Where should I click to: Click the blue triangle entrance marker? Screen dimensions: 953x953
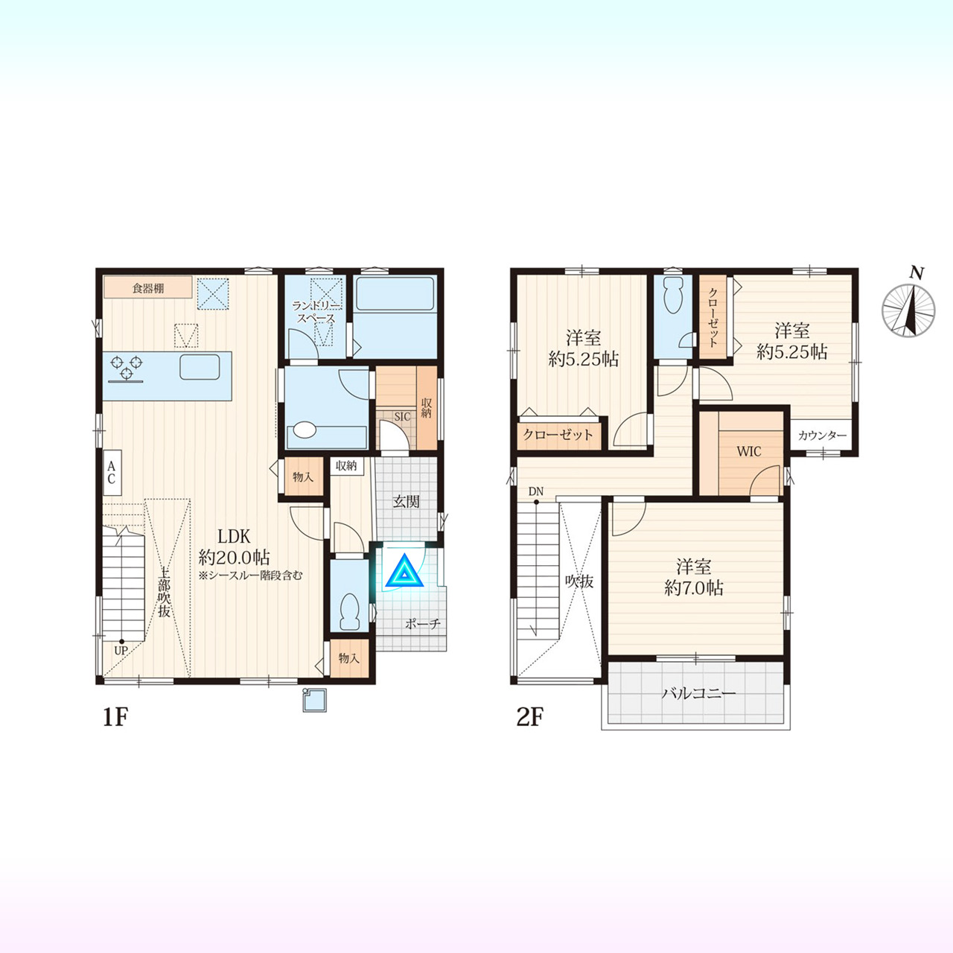coord(405,571)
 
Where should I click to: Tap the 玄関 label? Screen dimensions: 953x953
coord(406,502)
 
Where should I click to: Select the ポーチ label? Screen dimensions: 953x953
coord(422,624)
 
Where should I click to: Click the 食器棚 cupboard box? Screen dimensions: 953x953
coord(148,287)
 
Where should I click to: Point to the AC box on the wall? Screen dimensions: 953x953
coord(112,472)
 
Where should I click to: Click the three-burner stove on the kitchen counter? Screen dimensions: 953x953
coord(127,369)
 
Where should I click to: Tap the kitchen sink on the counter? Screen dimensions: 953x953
coord(200,366)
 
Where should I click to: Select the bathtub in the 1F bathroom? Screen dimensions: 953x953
coord(395,294)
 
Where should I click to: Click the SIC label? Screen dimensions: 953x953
coord(402,416)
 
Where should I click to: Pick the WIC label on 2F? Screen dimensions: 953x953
coord(748,451)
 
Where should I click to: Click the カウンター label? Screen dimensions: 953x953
coord(822,436)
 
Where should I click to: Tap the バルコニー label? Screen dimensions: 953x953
coord(699,694)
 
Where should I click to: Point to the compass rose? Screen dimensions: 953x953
coord(909,310)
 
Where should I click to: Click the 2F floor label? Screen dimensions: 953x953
coord(530,716)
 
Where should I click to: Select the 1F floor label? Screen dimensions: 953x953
coord(115,716)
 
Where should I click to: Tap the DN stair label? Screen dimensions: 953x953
coord(535,491)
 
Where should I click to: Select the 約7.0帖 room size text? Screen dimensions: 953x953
coord(694,588)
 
